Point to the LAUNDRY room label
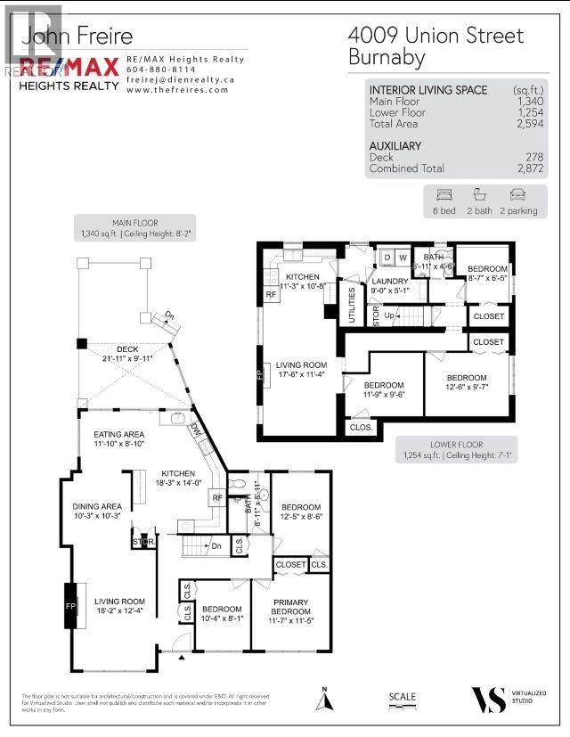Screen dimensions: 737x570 point(390,281)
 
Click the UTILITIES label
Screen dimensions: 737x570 point(353,299)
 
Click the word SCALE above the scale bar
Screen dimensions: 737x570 point(403,698)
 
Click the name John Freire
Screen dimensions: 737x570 point(77,36)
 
